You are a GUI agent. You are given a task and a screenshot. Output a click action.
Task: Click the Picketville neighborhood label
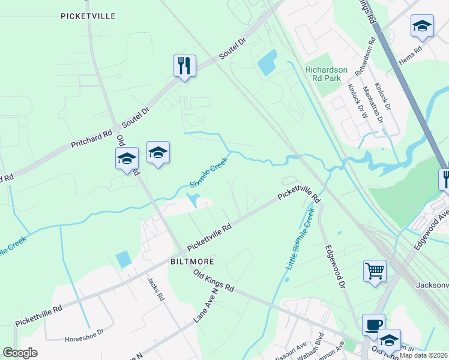tap(88, 16)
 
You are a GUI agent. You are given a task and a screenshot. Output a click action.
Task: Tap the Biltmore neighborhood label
tap(191, 262)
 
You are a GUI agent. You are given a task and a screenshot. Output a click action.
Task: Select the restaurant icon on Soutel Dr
tap(184, 65)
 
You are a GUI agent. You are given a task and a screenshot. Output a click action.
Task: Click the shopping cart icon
tap(375, 271)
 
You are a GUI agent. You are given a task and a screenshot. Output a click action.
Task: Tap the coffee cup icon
tap(373, 325)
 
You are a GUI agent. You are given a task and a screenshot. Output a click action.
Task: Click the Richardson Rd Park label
tap(323, 74)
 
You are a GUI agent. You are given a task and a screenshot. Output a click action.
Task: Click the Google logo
tap(20, 353)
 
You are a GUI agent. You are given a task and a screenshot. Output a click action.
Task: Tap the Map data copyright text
tap(423, 355)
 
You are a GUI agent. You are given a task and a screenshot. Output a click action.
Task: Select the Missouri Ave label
tap(291, 350)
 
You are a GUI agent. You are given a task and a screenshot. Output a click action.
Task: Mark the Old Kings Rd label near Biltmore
tap(214, 280)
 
